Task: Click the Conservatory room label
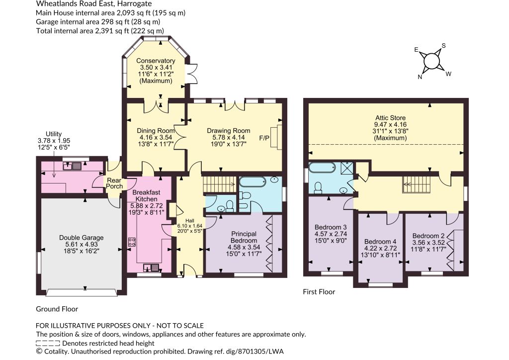pyautogui.click(x=156, y=61)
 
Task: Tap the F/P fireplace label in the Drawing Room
pyautogui.click(x=264, y=138)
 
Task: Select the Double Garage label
pyautogui.click(x=81, y=238)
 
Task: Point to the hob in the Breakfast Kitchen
pyautogui.click(x=132, y=242)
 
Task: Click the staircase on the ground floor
pyautogui.click(x=219, y=184)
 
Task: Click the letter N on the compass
pyautogui.click(x=420, y=77)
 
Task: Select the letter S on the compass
pyautogui.click(x=444, y=46)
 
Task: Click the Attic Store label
pyautogui.click(x=391, y=118)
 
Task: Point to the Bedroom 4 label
pyautogui.click(x=380, y=242)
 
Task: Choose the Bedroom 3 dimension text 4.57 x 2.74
pyautogui.click(x=331, y=234)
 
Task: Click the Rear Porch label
pyautogui.click(x=114, y=183)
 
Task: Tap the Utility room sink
pyautogui.click(x=73, y=167)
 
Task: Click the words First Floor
pyautogui.click(x=319, y=292)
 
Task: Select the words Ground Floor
pyautogui.click(x=57, y=309)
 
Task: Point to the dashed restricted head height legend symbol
pyautogui.click(x=48, y=343)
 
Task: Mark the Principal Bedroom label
pyautogui.click(x=244, y=237)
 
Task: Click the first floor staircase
pyautogui.click(x=417, y=184)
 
